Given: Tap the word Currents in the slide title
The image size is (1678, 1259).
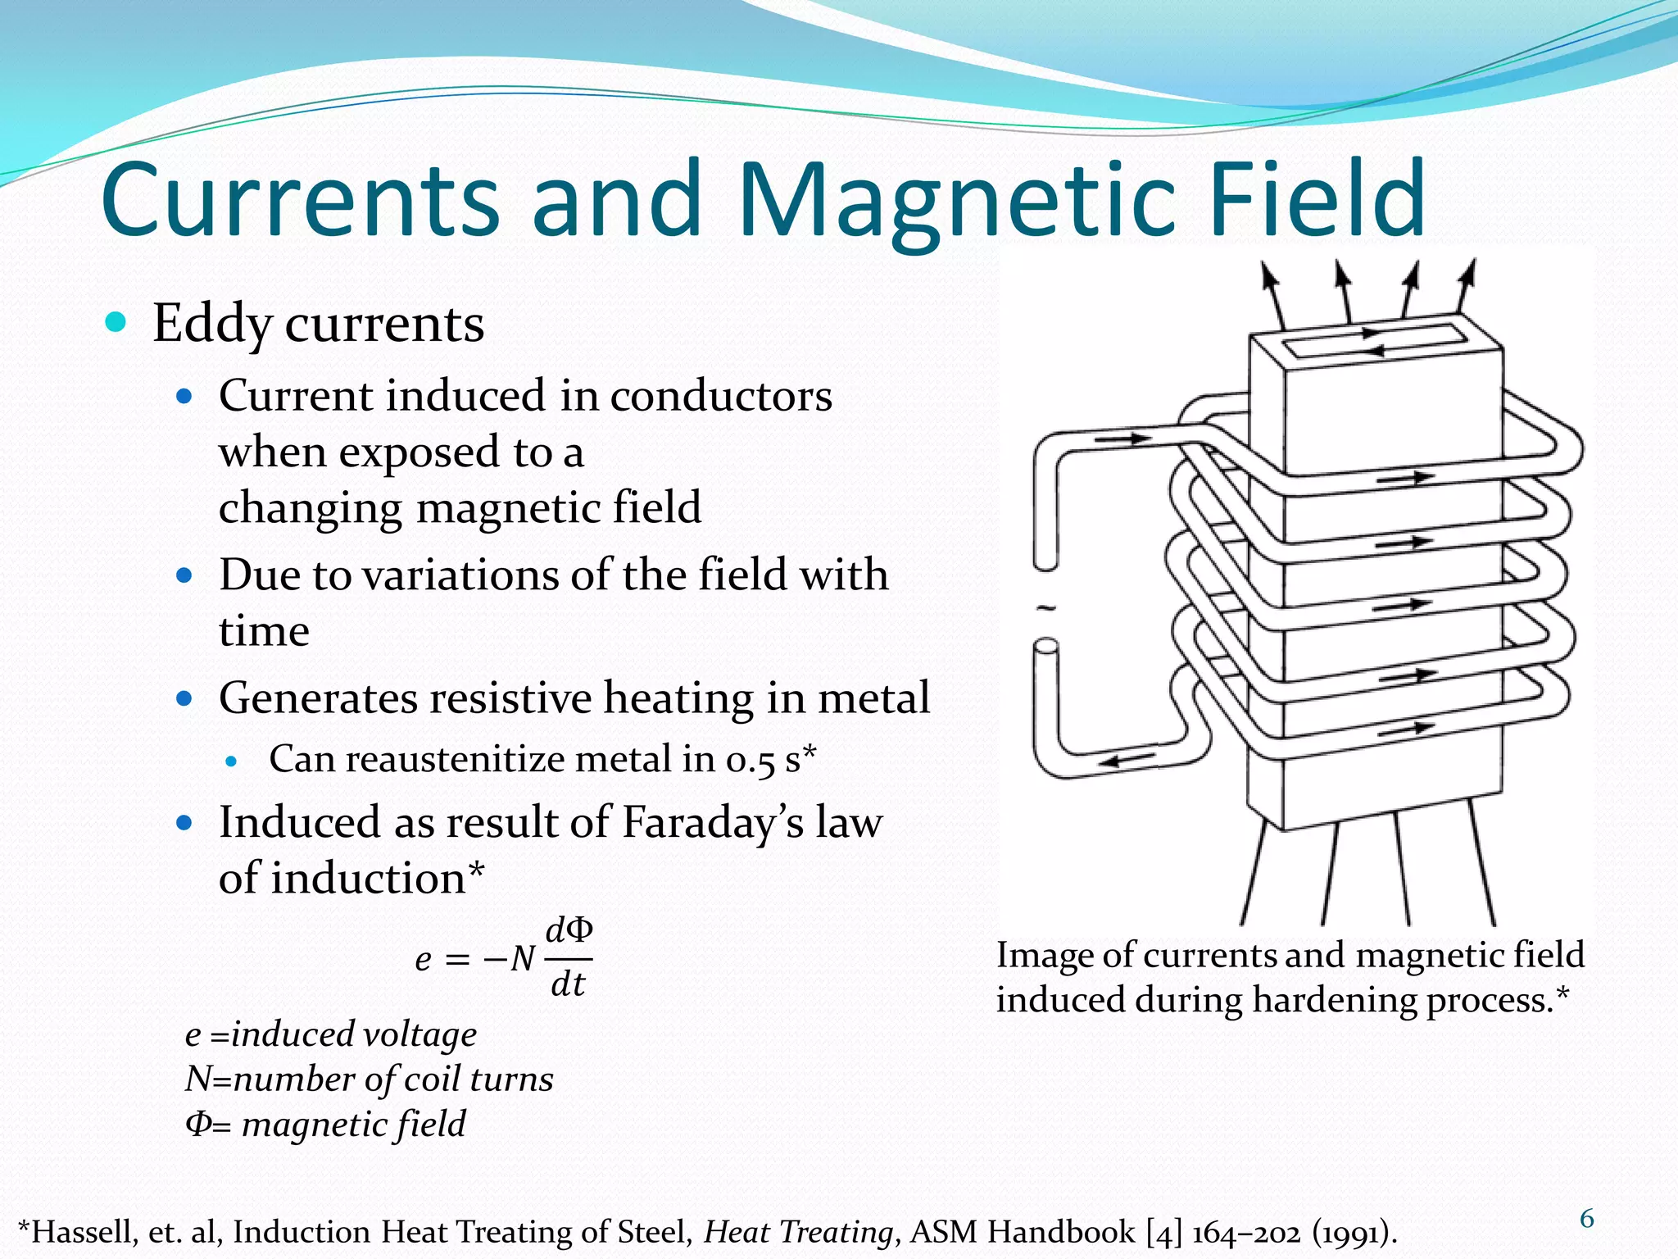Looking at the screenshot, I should click(300, 202).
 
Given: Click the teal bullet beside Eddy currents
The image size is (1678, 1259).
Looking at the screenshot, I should click(116, 322).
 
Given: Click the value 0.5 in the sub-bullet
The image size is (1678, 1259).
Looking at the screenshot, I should click(750, 761).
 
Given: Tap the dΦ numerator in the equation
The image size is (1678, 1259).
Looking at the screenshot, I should click(569, 931).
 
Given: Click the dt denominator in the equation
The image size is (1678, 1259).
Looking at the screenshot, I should click(568, 984).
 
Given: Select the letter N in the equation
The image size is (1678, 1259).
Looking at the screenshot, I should click(523, 958).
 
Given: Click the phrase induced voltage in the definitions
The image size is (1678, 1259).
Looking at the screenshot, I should click(354, 1034).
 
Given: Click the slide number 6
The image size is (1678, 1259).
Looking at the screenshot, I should click(1586, 1220).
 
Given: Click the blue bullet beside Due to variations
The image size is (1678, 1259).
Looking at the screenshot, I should click(184, 575).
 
